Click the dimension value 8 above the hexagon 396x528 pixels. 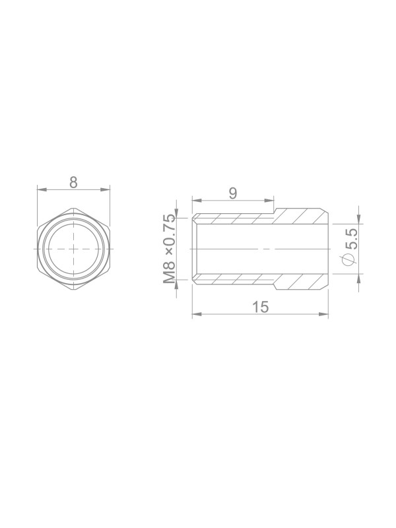(73, 182)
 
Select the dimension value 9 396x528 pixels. (233, 193)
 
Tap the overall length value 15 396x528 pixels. (261, 307)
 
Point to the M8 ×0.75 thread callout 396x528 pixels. (170, 249)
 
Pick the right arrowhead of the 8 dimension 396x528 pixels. (105, 190)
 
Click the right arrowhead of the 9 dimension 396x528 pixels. (269, 201)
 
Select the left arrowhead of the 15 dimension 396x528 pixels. (197, 314)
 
